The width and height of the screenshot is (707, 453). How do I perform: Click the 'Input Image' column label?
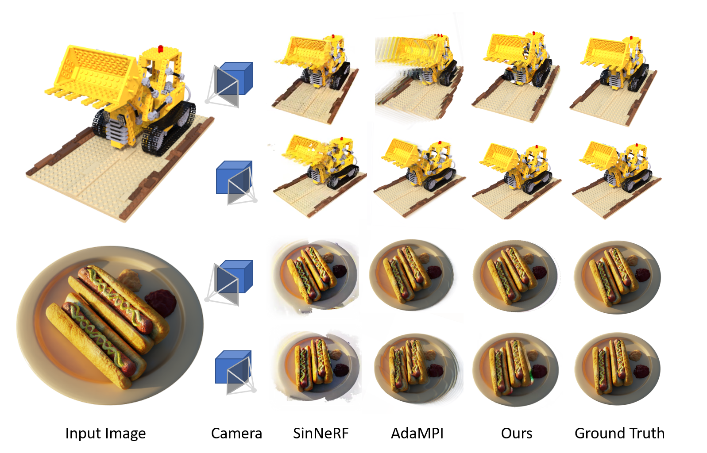[105, 434]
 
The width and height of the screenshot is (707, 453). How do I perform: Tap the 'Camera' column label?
[236, 434]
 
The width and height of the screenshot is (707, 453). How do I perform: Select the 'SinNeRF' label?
[321, 434]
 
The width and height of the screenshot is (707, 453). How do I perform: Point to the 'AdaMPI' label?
[417, 434]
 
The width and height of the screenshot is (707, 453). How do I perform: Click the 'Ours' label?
[517, 434]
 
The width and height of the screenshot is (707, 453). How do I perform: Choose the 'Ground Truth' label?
[620, 434]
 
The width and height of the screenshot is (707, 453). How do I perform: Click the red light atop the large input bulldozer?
[160, 48]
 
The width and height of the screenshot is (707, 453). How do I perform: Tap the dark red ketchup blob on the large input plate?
[161, 303]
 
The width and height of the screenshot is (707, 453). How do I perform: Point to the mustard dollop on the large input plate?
[129, 280]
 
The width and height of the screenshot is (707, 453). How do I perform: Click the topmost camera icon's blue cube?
[236, 78]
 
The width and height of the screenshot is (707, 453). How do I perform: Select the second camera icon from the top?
[236, 182]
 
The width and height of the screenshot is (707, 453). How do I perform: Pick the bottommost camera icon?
[236, 372]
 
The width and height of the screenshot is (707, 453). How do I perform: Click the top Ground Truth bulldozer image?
[614, 81]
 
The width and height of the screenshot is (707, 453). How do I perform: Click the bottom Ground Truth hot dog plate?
[618, 369]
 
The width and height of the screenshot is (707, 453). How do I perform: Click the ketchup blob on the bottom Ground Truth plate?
[642, 371]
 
